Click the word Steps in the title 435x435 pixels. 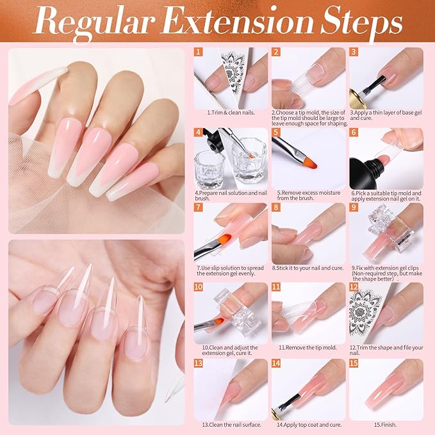point(356,23)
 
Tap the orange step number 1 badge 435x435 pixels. point(199,53)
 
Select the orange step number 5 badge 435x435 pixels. point(277,133)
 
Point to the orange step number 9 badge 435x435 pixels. point(354,208)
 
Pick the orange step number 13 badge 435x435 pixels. point(199,363)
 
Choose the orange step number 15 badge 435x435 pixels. point(354,363)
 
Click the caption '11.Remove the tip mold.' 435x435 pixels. point(308,347)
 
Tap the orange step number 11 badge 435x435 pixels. point(277,286)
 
